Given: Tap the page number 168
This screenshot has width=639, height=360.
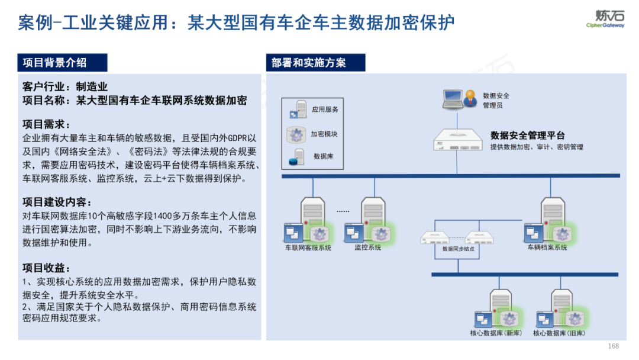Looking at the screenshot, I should point(613,346).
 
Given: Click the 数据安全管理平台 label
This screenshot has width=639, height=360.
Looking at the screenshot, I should point(528,136).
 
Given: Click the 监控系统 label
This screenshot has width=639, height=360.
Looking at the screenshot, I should point(368,247).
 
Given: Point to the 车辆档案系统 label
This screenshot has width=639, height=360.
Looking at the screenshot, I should point(547,247).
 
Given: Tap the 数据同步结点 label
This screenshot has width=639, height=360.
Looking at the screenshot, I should point(459,249).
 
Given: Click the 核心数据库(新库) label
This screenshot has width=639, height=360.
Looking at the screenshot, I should point(496,333).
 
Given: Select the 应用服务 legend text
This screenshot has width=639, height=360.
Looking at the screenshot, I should point(325,110).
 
